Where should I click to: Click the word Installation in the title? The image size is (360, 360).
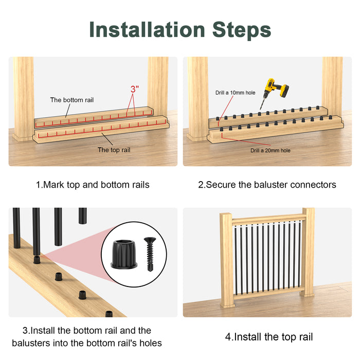coord(147,29)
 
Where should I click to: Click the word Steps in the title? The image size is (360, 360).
coord(242,30)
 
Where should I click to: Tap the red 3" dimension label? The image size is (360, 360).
coord(135,89)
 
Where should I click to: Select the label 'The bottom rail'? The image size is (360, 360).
coord(72,100)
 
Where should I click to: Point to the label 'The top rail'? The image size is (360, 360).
coord(114,150)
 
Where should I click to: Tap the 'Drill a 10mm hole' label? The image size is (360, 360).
coord(236,93)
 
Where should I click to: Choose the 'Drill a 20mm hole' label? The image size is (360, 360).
coord(271,150)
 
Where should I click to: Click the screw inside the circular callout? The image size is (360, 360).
coord(150,254)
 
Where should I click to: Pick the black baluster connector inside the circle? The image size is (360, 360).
coord(124,255)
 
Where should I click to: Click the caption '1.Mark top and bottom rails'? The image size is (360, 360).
coord(93,185)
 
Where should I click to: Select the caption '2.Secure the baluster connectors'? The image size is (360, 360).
coord(267,185)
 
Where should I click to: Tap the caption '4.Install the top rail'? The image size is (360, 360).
coord(269,337)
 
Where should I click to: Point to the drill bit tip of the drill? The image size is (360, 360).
coord(260,110)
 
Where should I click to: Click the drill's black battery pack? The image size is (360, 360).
coord(284,91)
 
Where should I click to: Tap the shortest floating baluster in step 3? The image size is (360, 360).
coord(83,216)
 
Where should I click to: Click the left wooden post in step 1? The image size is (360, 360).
coord(23,99)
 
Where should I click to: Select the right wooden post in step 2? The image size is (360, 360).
coord(332,87)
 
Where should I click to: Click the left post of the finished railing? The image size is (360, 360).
coord(227,260)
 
